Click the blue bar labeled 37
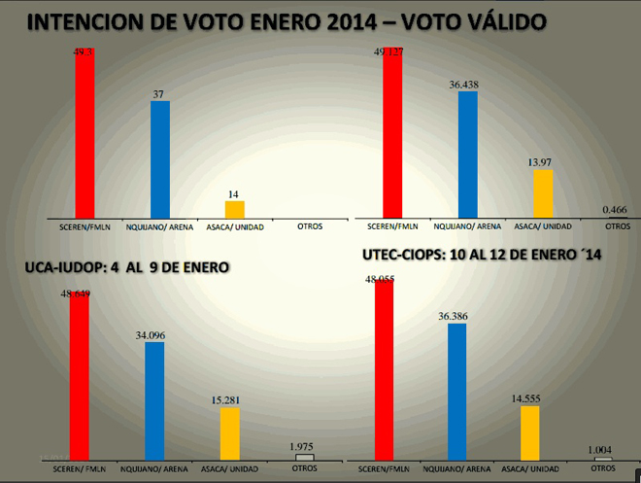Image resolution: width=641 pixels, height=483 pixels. coord(160,159)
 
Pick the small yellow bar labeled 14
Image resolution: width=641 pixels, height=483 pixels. coord(234,210)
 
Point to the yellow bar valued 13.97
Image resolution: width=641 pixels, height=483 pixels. coord(543,193)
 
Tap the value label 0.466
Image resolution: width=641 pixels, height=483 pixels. coord(614,209)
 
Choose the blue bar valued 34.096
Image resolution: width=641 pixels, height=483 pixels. coord(154,399)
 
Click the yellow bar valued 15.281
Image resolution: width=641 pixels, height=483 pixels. coord(229,432)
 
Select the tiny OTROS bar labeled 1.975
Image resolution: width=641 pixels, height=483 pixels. coord(305,456)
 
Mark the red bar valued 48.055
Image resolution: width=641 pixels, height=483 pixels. coord(384,369)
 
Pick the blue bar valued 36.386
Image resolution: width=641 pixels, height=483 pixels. coord(456,391)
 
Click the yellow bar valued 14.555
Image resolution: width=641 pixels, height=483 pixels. coord(529,432)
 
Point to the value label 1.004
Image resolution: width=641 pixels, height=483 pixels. coord(605,449)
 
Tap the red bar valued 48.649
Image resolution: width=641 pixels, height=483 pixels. coord(80,375)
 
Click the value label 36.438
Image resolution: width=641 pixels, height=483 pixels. coord(468,86)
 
